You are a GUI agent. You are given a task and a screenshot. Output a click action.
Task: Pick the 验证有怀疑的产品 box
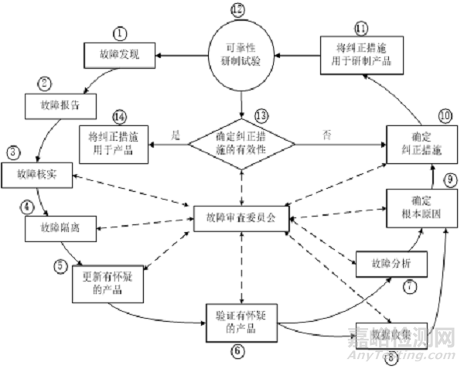coord(241,320)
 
